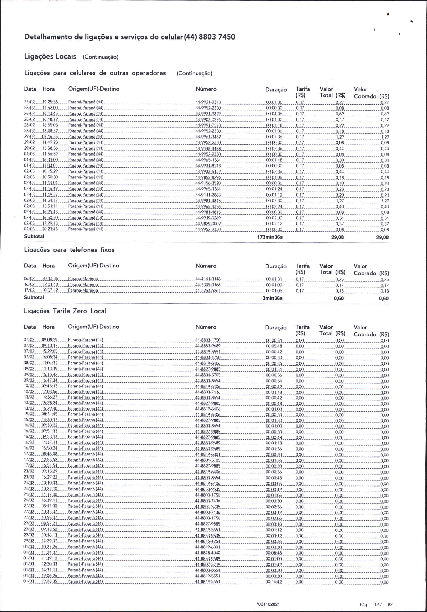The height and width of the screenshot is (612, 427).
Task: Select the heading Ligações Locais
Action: [x=50, y=56]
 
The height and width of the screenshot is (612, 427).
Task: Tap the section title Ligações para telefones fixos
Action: [x=69, y=250]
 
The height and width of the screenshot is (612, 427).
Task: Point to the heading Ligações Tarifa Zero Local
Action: [x=65, y=311]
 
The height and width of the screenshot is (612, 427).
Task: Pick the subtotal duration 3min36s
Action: [x=273, y=298]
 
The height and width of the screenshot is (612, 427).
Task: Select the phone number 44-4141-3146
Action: [x=208, y=279]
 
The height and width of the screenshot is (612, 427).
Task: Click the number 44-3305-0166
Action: [x=208, y=285]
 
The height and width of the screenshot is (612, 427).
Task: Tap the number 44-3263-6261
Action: [x=208, y=290]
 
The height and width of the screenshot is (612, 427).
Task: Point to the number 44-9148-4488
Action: [x=208, y=149]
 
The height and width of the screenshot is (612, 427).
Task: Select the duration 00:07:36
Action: [x=274, y=137]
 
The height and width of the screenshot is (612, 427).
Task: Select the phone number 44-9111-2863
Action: [x=208, y=195]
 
